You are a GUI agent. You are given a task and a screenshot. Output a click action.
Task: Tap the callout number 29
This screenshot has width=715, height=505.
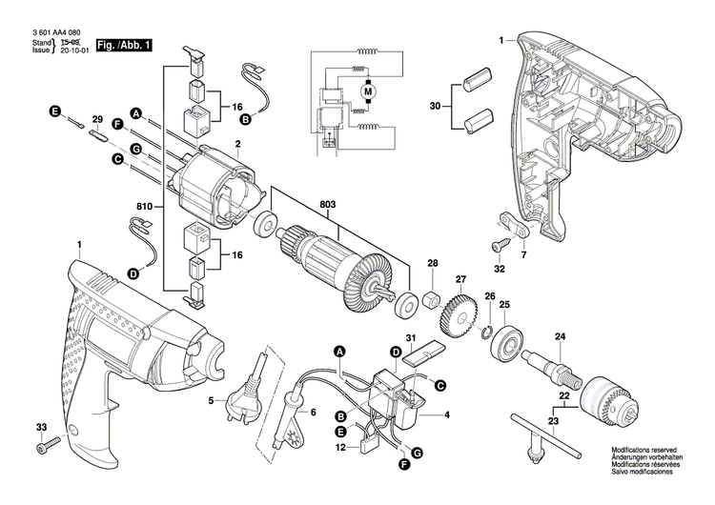click(x=96, y=119)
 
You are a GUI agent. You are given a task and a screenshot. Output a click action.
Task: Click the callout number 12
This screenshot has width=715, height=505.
click(x=340, y=447)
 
